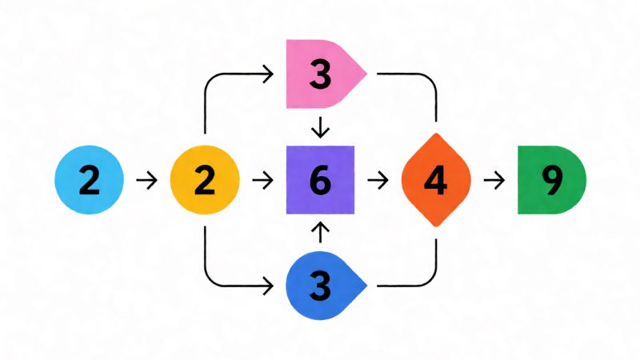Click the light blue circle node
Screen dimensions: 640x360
pyautogui.click(x=89, y=179)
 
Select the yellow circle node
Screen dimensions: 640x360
pyautogui.click(x=205, y=179)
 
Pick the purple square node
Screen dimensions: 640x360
pyautogui.click(x=321, y=179)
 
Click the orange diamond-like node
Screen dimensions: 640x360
pyautogui.click(x=436, y=179)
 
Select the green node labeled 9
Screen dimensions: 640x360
pyautogui.click(x=551, y=179)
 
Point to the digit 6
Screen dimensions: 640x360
pyautogui.click(x=321, y=180)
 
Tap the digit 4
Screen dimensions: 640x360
pyautogui.click(x=435, y=180)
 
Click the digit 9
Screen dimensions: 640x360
pyautogui.click(x=552, y=180)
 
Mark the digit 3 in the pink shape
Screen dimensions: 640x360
pyautogui.click(x=321, y=74)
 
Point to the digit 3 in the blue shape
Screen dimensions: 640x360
pyautogui.click(x=321, y=286)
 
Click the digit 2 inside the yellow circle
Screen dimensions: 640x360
pyautogui.click(x=205, y=180)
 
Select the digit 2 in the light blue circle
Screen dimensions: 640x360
pyautogui.click(x=90, y=180)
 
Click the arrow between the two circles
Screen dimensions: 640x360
pyautogui.click(x=146, y=180)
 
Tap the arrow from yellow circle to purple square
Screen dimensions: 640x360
pyautogui.click(x=262, y=180)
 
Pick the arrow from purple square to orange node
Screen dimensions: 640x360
pyautogui.click(x=378, y=180)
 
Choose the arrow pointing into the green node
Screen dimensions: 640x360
pyautogui.click(x=494, y=180)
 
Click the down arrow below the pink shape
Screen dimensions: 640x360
pyautogui.click(x=321, y=127)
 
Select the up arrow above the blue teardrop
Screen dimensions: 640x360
pyautogui.click(x=321, y=232)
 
